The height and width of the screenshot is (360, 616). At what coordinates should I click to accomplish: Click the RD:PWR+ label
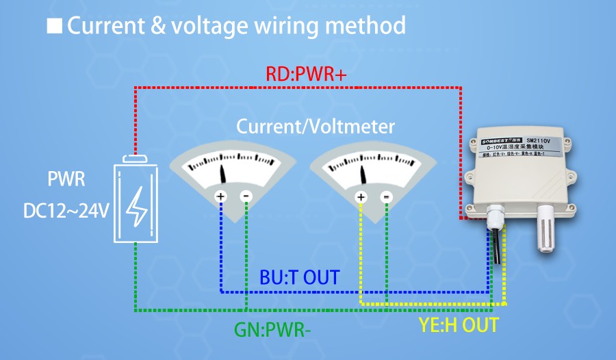coord(306,75)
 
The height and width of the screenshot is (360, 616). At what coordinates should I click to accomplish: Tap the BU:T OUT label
coord(300,277)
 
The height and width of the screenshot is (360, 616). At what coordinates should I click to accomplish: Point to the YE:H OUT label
coord(459,324)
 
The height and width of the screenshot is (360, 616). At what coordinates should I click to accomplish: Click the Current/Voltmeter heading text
coord(316,127)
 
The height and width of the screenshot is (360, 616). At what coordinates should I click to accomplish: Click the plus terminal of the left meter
coord(220,197)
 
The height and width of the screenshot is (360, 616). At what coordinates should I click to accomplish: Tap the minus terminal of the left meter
coord(246,197)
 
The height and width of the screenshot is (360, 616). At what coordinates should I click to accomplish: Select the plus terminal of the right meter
coord(361,197)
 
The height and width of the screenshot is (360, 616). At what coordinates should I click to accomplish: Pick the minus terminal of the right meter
coord(387,197)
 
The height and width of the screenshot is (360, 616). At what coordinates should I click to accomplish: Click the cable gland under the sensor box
coord(494,218)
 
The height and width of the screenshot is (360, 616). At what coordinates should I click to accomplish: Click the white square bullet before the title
coord(54,27)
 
